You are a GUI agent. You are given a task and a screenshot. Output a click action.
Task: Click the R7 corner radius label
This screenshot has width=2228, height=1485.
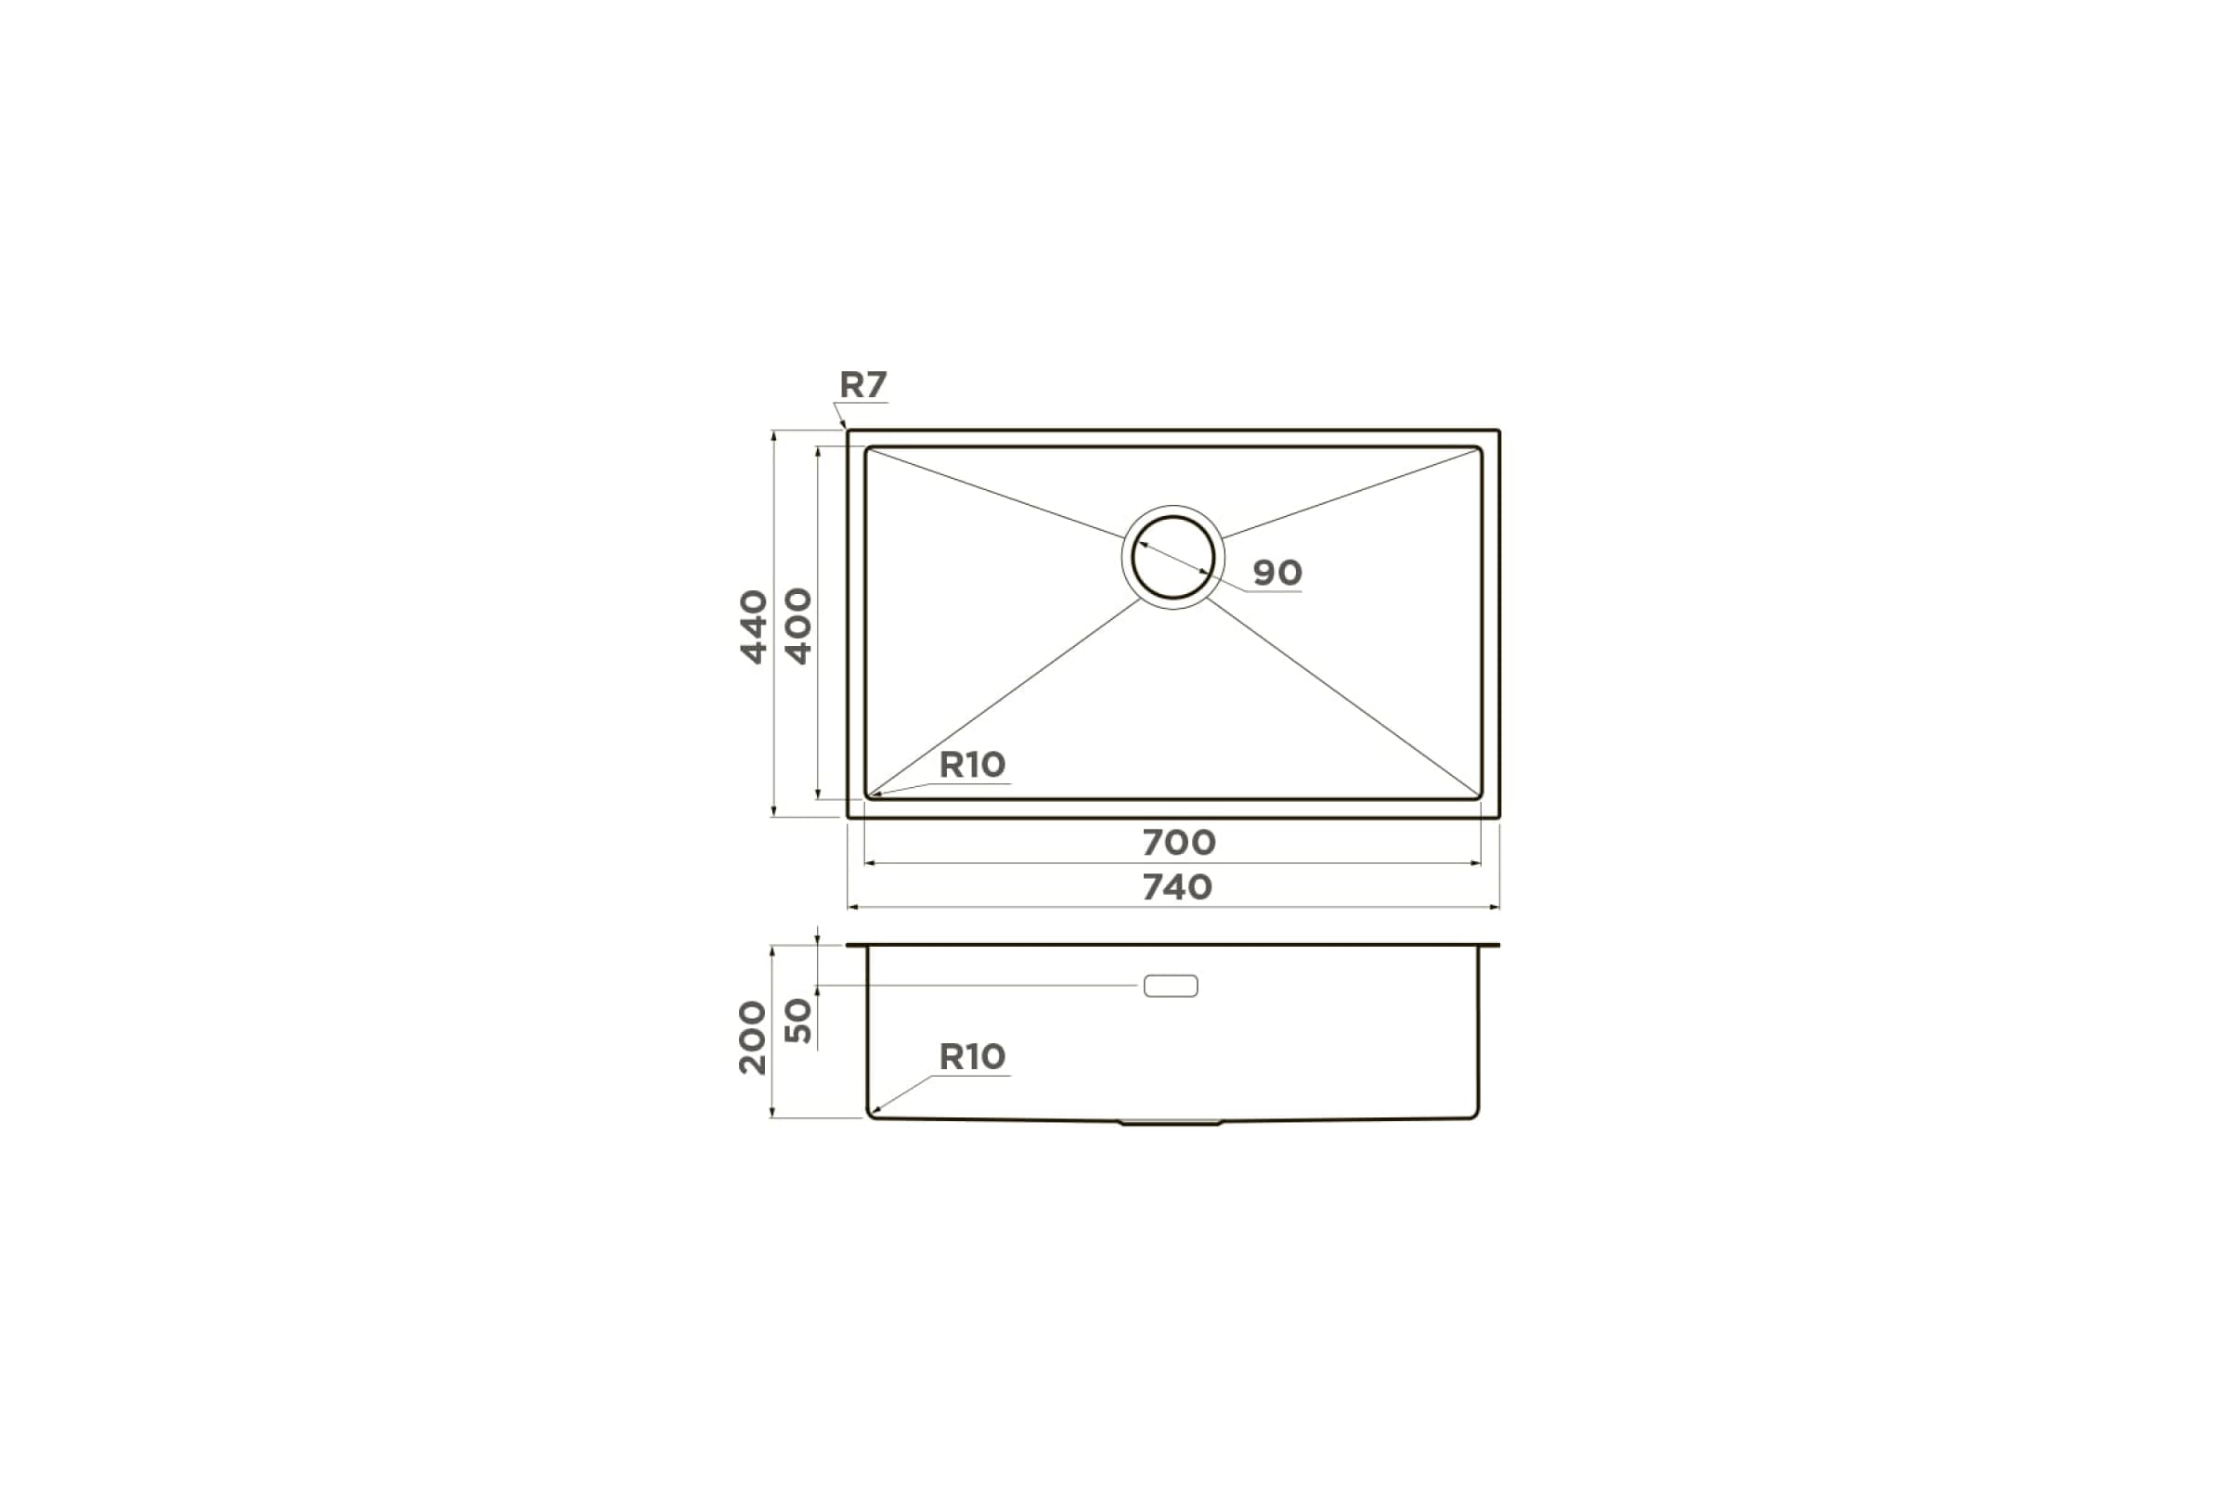coord(863,384)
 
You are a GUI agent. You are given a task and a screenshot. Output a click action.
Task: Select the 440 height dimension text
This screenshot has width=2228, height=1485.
coord(754,627)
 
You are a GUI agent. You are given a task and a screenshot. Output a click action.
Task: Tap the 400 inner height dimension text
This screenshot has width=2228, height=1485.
coord(798,627)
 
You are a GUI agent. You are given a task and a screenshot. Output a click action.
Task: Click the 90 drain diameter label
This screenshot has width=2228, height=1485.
coord(1277,572)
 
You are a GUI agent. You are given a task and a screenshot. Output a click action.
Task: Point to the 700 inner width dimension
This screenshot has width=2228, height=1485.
coord(1178,842)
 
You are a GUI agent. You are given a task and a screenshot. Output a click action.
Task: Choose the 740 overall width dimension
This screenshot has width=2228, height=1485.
coord(1177,887)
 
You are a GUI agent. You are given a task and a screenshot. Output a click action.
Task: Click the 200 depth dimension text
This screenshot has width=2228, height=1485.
coord(753,1037)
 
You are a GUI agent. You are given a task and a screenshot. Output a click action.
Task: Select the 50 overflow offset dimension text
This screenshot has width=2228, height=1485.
coord(798,1020)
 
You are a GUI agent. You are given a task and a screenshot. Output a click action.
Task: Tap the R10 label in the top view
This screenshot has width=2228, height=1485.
coord(972,764)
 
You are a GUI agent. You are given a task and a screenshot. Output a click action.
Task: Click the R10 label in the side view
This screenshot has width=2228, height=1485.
coord(972,1056)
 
